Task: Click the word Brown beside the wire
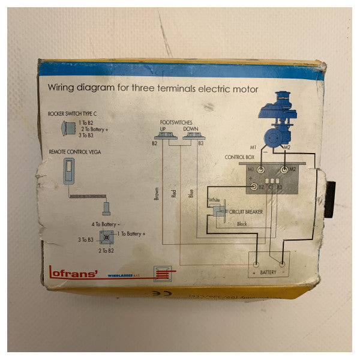click(157, 194)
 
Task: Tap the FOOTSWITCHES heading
click(178, 121)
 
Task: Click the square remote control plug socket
click(106, 235)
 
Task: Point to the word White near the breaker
click(214, 200)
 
